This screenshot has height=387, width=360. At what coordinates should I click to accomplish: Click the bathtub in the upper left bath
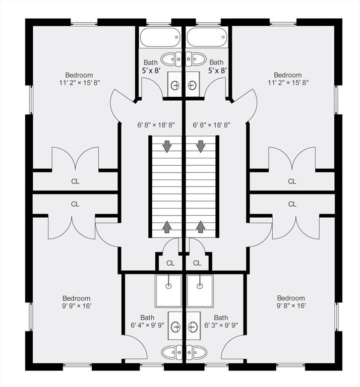(160, 37)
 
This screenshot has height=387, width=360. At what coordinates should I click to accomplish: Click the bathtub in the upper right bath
(207, 37)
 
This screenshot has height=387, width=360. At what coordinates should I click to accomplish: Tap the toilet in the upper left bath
(171, 59)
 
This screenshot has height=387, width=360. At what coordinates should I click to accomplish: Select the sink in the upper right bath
(192, 85)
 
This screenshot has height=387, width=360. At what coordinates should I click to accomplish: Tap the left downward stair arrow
(167, 146)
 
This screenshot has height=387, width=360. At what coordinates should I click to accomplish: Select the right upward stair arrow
(201, 227)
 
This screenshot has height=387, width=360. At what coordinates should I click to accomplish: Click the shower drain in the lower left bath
(168, 286)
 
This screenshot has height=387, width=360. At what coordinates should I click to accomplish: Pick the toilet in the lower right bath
(197, 352)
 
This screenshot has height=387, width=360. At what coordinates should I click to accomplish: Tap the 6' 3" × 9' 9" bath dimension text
(221, 326)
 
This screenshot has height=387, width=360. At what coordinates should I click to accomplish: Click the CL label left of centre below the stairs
(170, 264)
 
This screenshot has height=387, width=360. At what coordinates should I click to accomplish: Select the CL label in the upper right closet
(292, 181)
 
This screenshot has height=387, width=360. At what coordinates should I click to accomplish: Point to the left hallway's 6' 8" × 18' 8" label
(156, 125)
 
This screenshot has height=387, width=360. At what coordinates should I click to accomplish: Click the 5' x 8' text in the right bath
(217, 71)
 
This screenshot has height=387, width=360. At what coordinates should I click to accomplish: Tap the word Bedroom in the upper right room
(288, 75)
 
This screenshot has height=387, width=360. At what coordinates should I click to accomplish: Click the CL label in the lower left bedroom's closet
(75, 204)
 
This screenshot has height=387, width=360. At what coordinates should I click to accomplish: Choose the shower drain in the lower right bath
(200, 286)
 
